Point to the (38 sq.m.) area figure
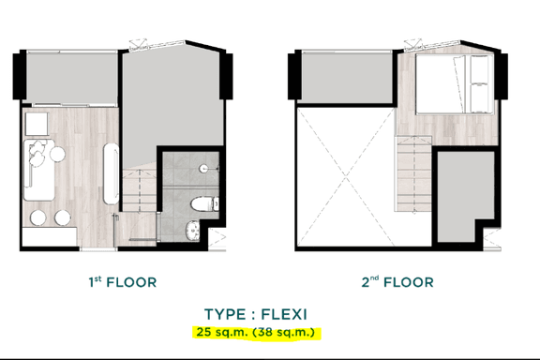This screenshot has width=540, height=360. (289, 332)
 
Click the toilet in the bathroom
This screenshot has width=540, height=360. (200, 204)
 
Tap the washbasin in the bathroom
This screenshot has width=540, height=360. (190, 228)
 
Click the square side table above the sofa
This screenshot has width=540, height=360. (37, 125)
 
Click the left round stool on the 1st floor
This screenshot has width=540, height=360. (38, 217)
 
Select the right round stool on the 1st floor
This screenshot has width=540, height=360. (62, 217)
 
